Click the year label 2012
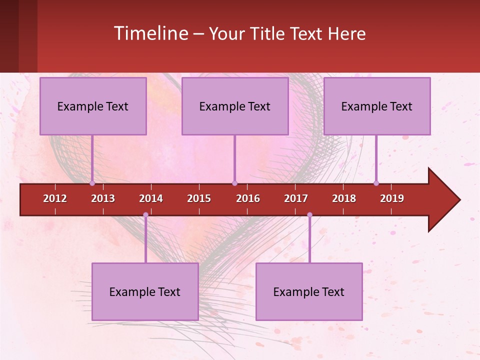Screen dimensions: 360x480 click(x=55, y=198)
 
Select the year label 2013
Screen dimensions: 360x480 click(x=103, y=198)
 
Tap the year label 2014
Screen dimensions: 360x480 click(x=151, y=198)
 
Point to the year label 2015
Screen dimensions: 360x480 click(x=199, y=198)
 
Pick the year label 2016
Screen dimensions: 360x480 click(x=248, y=198)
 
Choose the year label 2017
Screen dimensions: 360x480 click(x=296, y=198)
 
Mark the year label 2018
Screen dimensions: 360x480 click(x=344, y=198)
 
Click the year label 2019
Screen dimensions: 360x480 click(x=392, y=198)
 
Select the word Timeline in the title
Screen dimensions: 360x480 click(x=151, y=33)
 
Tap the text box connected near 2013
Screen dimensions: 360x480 click(x=93, y=106)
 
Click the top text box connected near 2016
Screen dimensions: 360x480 click(x=235, y=106)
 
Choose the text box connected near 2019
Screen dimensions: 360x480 click(x=377, y=106)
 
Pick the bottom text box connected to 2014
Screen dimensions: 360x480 click(x=145, y=292)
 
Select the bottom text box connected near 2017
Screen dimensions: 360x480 click(x=309, y=292)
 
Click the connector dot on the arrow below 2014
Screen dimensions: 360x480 click(x=145, y=215)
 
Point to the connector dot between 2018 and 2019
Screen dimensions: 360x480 click(x=376, y=183)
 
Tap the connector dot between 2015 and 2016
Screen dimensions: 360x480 click(x=234, y=183)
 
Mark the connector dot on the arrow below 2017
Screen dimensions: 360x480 click(x=309, y=215)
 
